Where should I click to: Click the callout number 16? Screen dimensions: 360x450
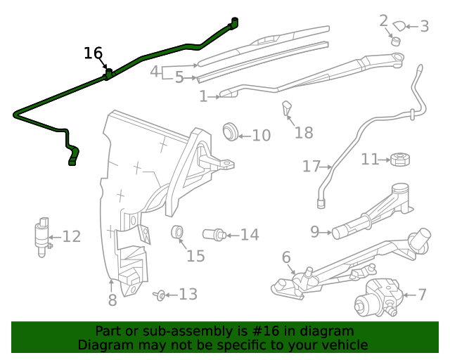click(93, 53)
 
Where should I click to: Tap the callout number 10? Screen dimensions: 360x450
click(261, 135)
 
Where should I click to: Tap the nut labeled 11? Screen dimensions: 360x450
click(399, 159)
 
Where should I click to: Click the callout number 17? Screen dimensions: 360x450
click(311, 167)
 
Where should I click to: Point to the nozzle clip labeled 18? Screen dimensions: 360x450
click(287, 109)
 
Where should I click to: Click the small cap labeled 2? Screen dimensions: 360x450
click(395, 40)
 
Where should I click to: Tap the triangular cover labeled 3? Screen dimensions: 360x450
click(399, 27)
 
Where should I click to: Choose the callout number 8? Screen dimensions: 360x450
click(112, 301)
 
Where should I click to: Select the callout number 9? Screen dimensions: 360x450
click(315, 231)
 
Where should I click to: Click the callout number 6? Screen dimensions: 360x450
click(286, 258)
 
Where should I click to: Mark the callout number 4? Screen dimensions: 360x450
click(155, 71)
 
